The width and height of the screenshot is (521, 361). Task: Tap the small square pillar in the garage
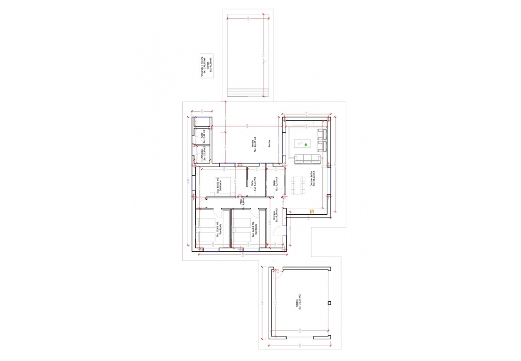pyautogui.click(x=329, y=303)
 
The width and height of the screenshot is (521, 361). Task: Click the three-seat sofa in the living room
pyautogui.click(x=307, y=158)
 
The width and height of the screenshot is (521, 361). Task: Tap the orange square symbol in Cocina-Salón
pyautogui.click(x=312, y=210)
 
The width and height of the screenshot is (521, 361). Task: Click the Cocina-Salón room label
pyautogui.click(x=312, y=179)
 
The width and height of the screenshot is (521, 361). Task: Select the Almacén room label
pyautogui.click(x=203, y=155)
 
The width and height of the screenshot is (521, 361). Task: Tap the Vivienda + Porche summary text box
pyautogui.click(x=206, y=66)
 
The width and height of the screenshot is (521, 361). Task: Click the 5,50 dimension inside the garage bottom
pyautogui.click(x=299, y=330)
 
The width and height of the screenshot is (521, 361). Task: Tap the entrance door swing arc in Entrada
pyautogui.click(x=278, y=231)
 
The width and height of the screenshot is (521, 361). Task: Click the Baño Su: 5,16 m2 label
pyautogui.click(x=274, y=183)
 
